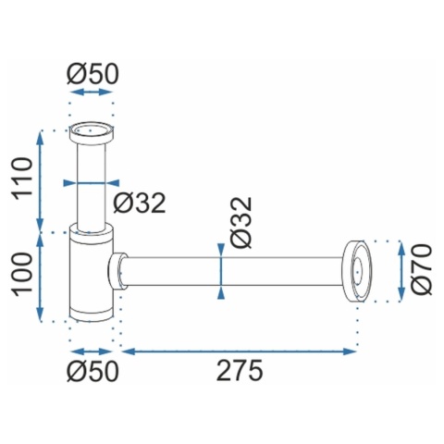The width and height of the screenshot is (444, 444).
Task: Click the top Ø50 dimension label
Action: point(92,74)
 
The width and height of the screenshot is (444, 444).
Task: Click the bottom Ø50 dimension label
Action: point(92,371)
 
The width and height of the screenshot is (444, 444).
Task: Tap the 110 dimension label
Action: point(22,177)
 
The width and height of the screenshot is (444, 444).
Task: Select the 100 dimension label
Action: point(22,273)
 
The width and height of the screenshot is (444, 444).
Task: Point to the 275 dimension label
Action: point(240,371)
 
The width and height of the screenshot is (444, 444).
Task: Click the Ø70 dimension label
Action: point(421,269)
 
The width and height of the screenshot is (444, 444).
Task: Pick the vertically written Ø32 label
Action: point(242,222)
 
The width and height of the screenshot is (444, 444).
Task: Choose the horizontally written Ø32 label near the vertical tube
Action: point(140,203)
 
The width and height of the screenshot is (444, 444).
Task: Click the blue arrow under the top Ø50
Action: point(91,92)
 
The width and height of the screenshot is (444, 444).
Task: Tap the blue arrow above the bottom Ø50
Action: point(91,351)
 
